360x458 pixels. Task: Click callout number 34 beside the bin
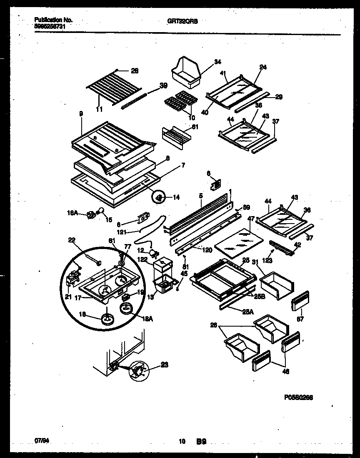point(217,62)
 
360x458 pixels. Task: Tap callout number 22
point(72,239)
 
